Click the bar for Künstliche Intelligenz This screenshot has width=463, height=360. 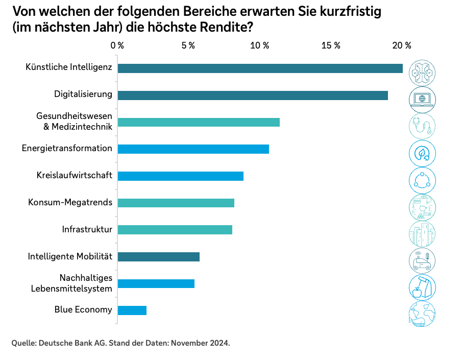click(x=260, y=68)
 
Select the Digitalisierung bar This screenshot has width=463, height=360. click(x=253, y=95)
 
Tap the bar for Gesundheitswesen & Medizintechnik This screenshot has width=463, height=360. click(x=199, y=122)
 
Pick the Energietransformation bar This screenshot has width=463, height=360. click(x=193, y=149)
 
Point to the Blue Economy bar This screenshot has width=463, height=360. click(x=132, y=310)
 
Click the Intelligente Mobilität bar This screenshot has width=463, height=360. click(x=159, y=257)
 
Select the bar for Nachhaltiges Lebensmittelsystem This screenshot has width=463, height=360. click(x=156, y=283)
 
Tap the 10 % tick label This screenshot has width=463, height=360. click(x=259, y=45)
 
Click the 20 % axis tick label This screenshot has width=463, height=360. click(x=401, y=45)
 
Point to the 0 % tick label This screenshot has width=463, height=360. click(x=117, y=45)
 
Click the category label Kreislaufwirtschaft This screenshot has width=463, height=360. click(x=75, y=175)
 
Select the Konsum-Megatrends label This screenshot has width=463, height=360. click(x=70, y=202)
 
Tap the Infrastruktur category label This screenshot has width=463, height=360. click(x=87, y=229)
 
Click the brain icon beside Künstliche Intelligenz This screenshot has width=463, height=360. click(x=423, y=72)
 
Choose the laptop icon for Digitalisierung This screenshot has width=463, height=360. click(x=423, y=99)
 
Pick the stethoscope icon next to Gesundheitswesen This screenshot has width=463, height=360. click(x=423, y=126)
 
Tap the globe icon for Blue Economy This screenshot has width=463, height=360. click(x=423, y=314)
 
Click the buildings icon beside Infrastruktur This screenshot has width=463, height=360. click(x=423, y=233)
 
